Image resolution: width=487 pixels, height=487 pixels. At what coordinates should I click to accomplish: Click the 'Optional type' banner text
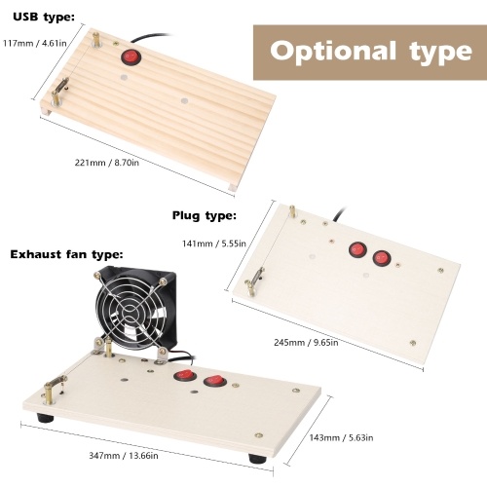pos(370,52)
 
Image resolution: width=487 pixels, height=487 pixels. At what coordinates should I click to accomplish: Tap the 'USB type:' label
pos(44,18)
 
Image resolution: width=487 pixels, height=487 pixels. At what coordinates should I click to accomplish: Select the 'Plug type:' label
pos(205,215)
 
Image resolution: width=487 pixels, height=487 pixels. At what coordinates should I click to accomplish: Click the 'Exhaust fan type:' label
pos(66,254)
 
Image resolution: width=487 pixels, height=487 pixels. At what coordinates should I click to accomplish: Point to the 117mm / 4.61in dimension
pos(35,43)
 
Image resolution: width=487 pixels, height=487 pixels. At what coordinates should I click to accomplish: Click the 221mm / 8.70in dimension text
pos(107,163)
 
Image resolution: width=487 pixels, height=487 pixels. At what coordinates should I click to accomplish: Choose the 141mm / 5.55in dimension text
pos(214,243)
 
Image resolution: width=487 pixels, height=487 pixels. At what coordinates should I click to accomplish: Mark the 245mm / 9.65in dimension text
pos(306,342)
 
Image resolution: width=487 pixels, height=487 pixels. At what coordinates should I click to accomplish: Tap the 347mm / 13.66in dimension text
pos(124,456)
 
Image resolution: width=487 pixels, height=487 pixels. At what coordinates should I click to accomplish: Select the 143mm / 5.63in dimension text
pos(341,437)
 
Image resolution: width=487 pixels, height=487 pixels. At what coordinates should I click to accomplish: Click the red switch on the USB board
pos(131,56)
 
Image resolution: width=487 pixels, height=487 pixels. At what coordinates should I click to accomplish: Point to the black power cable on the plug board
pos(339,214)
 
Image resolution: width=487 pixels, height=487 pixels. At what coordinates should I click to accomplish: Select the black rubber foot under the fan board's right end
pos(257,458)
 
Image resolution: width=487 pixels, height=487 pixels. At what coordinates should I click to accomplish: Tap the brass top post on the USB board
pos(96,39)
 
